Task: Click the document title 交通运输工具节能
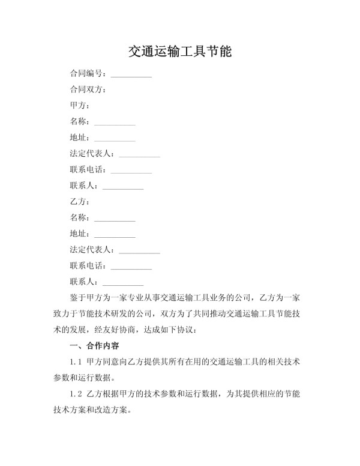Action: point(180,52)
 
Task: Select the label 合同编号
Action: point(86,74)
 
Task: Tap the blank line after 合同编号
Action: point(131,76)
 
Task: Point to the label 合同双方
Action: point(86,90)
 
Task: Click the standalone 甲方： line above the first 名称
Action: point(79,106)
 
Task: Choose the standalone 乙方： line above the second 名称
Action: point(79,202)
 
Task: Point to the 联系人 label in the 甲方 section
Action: point(83,186)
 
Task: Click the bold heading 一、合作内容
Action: point(94,346)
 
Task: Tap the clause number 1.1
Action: point(76,362)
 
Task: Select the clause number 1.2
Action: point(76,395)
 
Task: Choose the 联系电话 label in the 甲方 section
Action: point(87,170)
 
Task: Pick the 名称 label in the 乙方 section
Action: point(79,218)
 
